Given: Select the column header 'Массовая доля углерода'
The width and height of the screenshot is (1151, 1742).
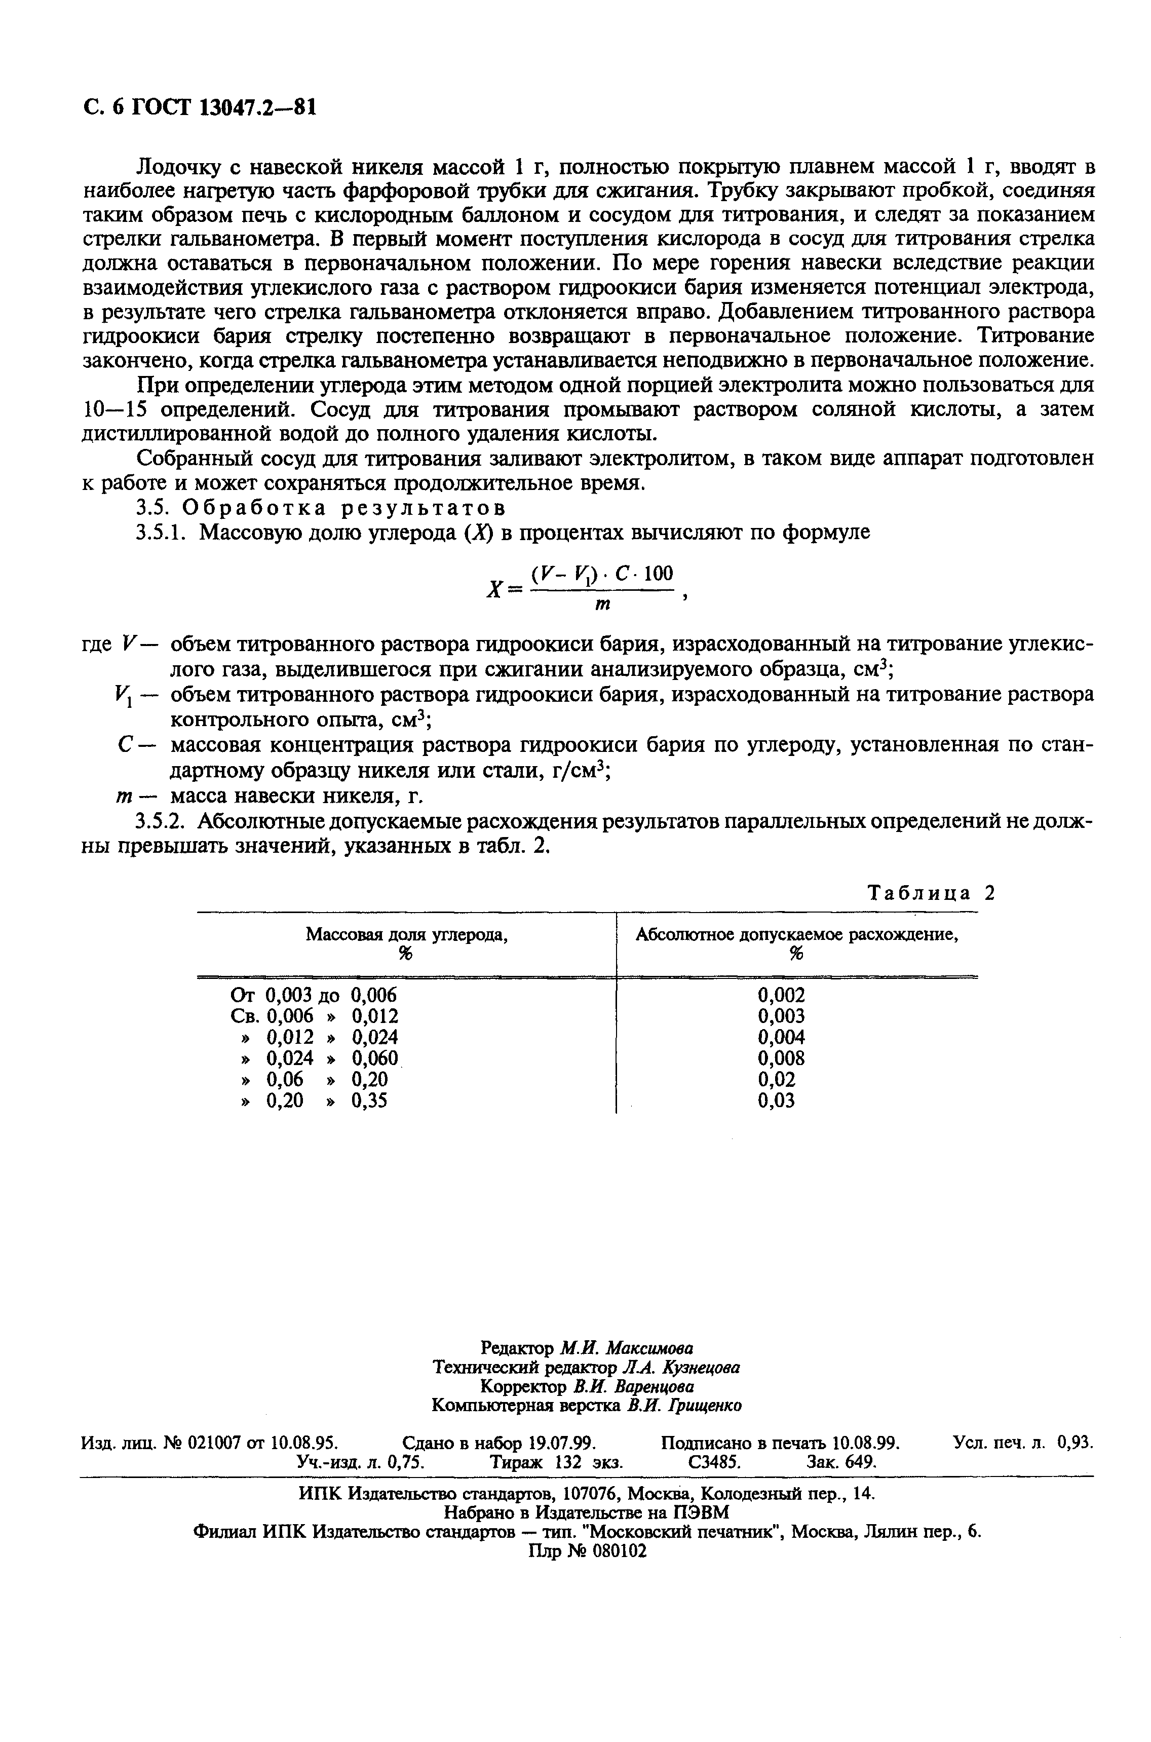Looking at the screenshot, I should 407,934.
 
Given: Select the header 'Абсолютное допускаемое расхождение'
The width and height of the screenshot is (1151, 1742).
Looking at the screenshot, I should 797,934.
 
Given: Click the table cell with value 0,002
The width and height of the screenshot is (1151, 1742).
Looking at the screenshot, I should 781,996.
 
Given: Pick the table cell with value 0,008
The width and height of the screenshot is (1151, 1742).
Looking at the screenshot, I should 781,1058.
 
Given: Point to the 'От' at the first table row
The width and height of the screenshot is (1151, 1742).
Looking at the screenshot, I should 242,996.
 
